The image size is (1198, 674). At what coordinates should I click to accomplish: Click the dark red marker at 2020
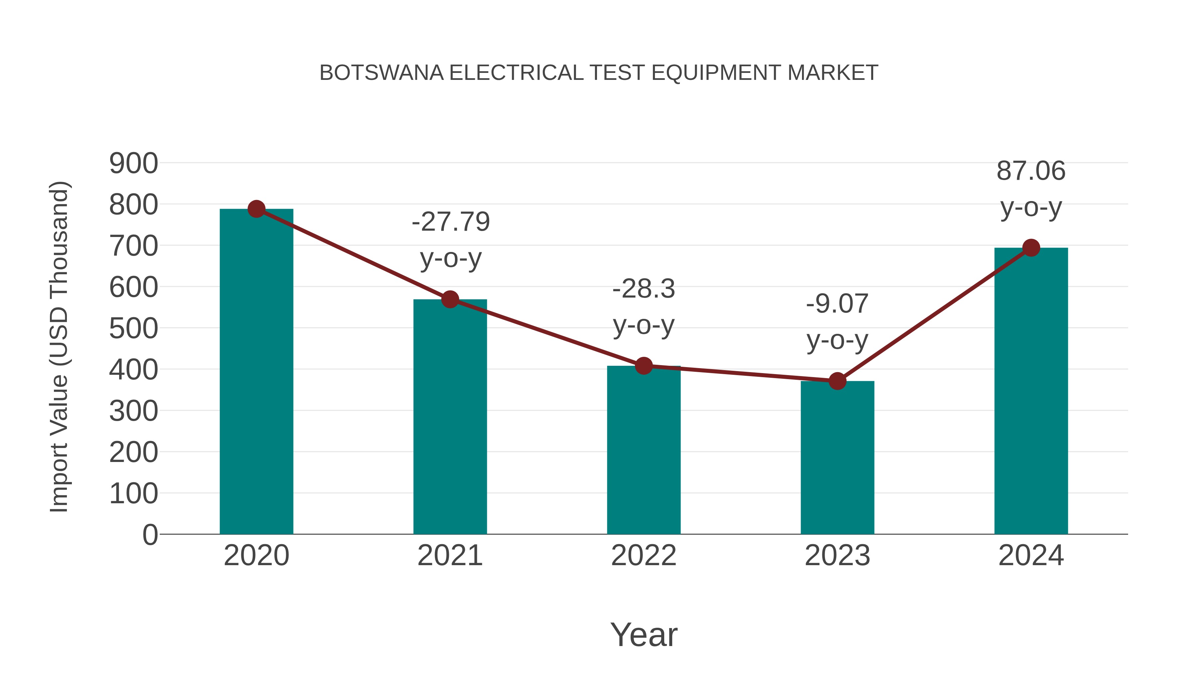[256, 209]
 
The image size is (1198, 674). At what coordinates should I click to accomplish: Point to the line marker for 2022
[644, 366]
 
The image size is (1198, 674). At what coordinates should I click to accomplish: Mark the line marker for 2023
[837, 381]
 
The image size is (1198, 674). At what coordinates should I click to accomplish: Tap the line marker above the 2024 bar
[1031, 248]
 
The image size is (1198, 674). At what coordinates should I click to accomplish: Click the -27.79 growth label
[451, 222]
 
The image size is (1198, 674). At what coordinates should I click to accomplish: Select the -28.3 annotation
[644, 289]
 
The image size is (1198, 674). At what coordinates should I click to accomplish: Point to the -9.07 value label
[837, 304]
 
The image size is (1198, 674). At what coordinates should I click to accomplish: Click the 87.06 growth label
[1031, 171]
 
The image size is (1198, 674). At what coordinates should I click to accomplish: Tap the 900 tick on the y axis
[133, 164]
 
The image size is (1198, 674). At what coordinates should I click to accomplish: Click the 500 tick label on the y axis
[133, 329]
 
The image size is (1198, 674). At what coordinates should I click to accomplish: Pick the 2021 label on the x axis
[450, 556]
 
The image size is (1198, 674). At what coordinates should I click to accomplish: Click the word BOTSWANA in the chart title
[381, 73]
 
